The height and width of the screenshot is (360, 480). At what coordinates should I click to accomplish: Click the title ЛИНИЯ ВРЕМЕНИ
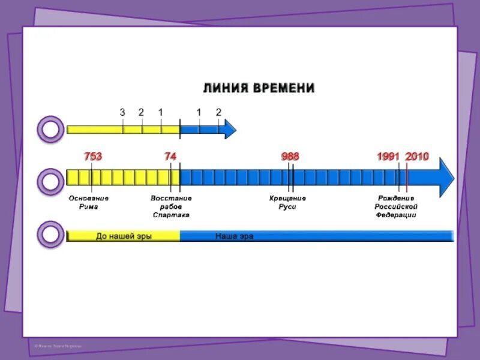(258, 88)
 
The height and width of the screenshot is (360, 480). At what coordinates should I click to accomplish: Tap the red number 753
(93, 157)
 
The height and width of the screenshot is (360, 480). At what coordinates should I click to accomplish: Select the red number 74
(170, 157)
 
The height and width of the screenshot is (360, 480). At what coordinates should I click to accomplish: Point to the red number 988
(290, 157)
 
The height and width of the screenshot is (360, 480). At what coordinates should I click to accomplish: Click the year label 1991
(388, 157)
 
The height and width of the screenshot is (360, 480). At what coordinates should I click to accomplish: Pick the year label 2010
(417, 157)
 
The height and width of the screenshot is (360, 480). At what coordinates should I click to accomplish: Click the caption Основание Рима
(89, 202)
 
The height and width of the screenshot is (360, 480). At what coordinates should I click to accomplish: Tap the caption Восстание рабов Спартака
(171, 206)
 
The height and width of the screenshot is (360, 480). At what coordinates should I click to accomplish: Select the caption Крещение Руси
(287, 202)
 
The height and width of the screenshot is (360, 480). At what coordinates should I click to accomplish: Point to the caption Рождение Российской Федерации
(396, 206)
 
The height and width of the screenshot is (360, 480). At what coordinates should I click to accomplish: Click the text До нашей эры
(124, 236)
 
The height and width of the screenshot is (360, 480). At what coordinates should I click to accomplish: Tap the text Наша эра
(234, 236)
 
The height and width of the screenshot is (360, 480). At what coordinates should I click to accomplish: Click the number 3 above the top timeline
(122, 112)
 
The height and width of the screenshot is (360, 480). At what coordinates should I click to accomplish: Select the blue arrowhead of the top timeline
(230, 129)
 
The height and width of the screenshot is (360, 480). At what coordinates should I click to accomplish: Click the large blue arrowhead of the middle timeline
(446, 177)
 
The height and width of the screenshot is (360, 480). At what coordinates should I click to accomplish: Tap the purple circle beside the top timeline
(50, 130)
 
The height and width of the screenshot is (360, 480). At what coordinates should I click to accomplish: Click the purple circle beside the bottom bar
(50, 234)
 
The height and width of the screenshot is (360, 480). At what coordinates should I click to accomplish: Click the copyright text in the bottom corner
(58, 346)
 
